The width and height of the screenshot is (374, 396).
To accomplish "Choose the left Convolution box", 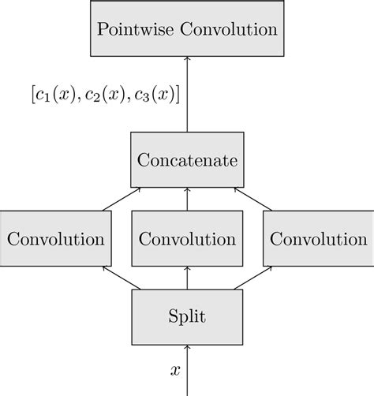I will tap(54, 238).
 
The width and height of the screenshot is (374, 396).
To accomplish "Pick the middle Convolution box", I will tap(187, 238).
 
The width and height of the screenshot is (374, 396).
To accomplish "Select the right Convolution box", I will tap(319, 238).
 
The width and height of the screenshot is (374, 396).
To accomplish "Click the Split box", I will tap(187, 317).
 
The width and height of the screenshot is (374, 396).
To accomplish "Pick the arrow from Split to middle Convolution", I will tap(187, 278).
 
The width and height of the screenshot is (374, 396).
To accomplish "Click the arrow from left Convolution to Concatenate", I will tap(122, 199).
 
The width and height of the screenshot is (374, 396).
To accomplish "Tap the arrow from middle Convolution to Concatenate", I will tap(187, 199).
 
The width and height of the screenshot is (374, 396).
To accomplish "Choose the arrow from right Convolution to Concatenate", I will tap(252, 199).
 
